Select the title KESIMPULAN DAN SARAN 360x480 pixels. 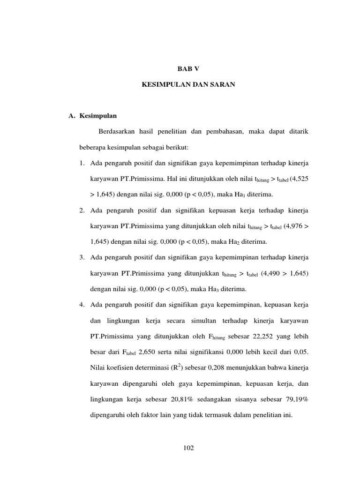coord(188,87)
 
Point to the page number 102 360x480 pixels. coord(188,448)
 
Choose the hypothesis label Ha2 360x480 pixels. coord(232,242)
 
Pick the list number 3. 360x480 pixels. coord(82,257)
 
